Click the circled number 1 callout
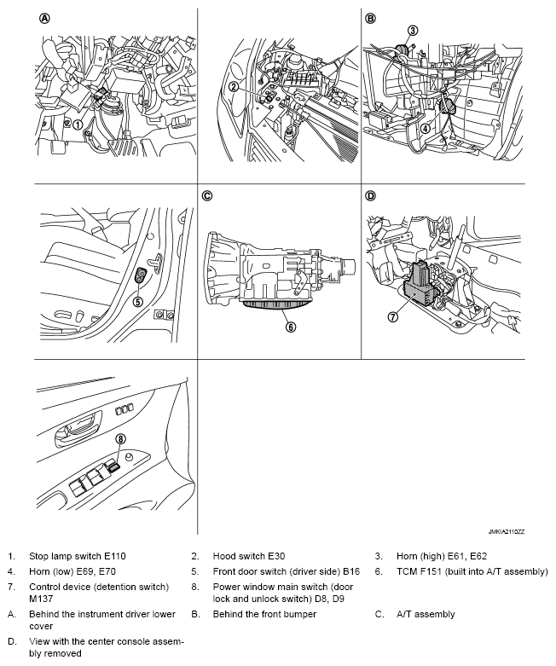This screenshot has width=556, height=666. click(x=78, y=124)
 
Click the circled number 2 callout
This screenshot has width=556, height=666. click(x=233, y=87)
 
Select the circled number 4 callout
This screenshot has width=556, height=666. click(x=424, y=130)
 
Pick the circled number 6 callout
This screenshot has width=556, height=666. click(x=291, y=325)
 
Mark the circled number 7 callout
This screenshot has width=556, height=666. click(x=393, y=316)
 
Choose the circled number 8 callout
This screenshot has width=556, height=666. click(x=120, y=438)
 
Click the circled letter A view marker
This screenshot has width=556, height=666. click(x=43, y=18)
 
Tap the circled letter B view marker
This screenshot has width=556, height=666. click(x=370, y=18)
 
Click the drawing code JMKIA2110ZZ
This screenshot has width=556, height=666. click(x=507, y=530)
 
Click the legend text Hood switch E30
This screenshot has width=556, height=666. click(x=247, y=555)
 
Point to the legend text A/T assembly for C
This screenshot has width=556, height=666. click(x=426, y=614)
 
